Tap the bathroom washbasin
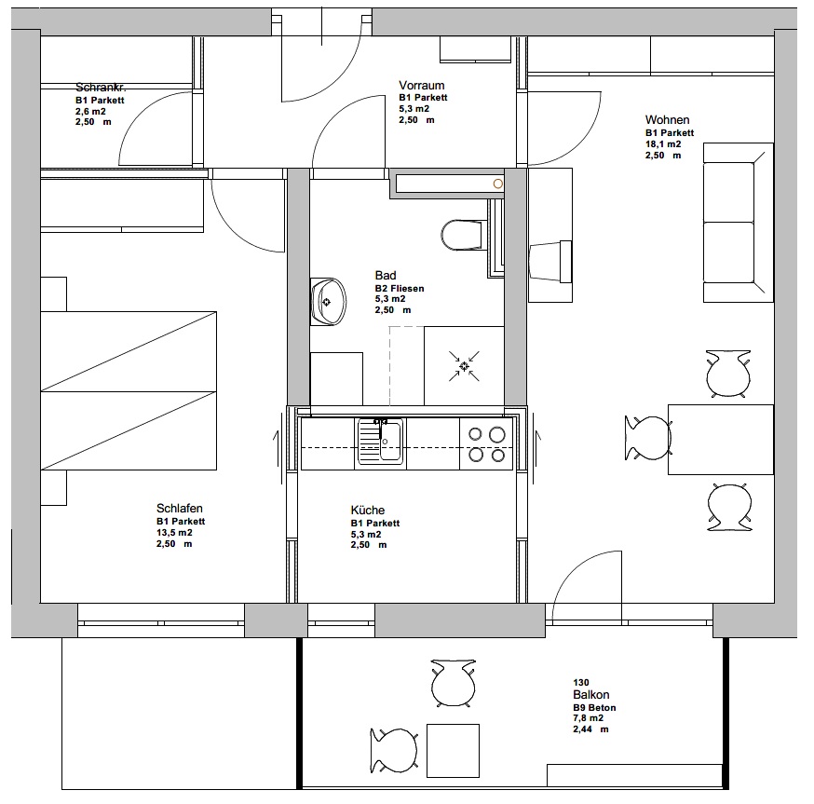328,302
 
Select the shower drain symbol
464,367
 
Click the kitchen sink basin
390,441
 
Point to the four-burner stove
486,444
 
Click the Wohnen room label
667,120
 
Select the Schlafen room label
180,508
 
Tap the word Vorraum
422,85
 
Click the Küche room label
368,510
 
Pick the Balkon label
591,695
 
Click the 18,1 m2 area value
663,144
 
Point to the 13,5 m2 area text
174,533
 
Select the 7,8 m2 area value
589,718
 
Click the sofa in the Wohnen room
738,223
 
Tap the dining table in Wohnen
721,440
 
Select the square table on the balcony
453,751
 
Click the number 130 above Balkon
581,683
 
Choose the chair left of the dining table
648,438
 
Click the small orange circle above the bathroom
498,184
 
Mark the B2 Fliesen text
400,288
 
